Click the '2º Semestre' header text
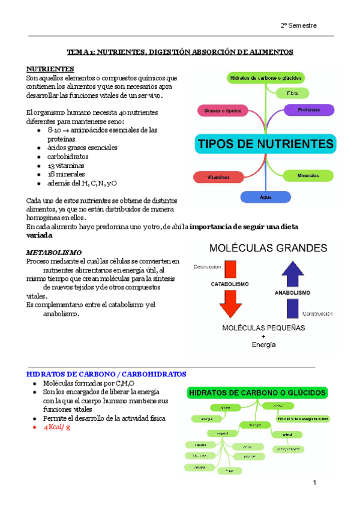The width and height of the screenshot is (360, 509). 298,26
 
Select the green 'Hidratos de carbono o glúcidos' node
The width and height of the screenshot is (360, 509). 266,78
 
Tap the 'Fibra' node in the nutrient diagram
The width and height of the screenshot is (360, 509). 293,94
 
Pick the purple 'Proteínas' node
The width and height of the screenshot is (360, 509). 309,110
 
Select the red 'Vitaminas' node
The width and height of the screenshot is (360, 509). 218,177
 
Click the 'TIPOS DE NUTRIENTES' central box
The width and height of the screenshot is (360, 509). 265,144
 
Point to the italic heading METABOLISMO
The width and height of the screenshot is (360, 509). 54,253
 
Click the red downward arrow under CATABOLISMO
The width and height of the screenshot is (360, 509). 229,304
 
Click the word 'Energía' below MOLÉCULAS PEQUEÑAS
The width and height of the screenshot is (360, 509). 264,345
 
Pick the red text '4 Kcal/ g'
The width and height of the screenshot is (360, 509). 57,427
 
